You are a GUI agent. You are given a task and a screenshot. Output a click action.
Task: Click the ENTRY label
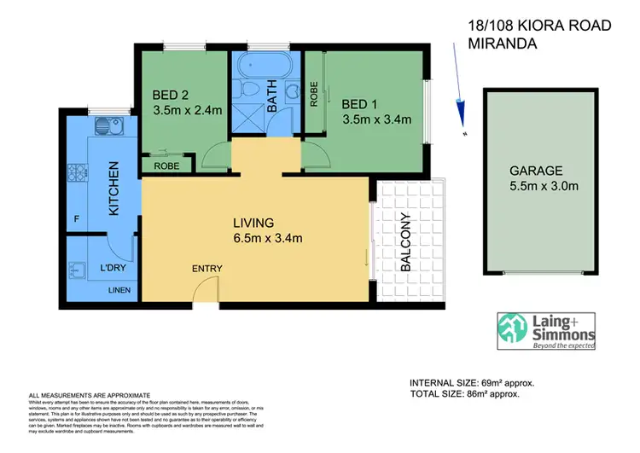[x=207, y=269]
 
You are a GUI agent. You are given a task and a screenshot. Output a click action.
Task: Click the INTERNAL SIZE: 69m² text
[x=472, y=383]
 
